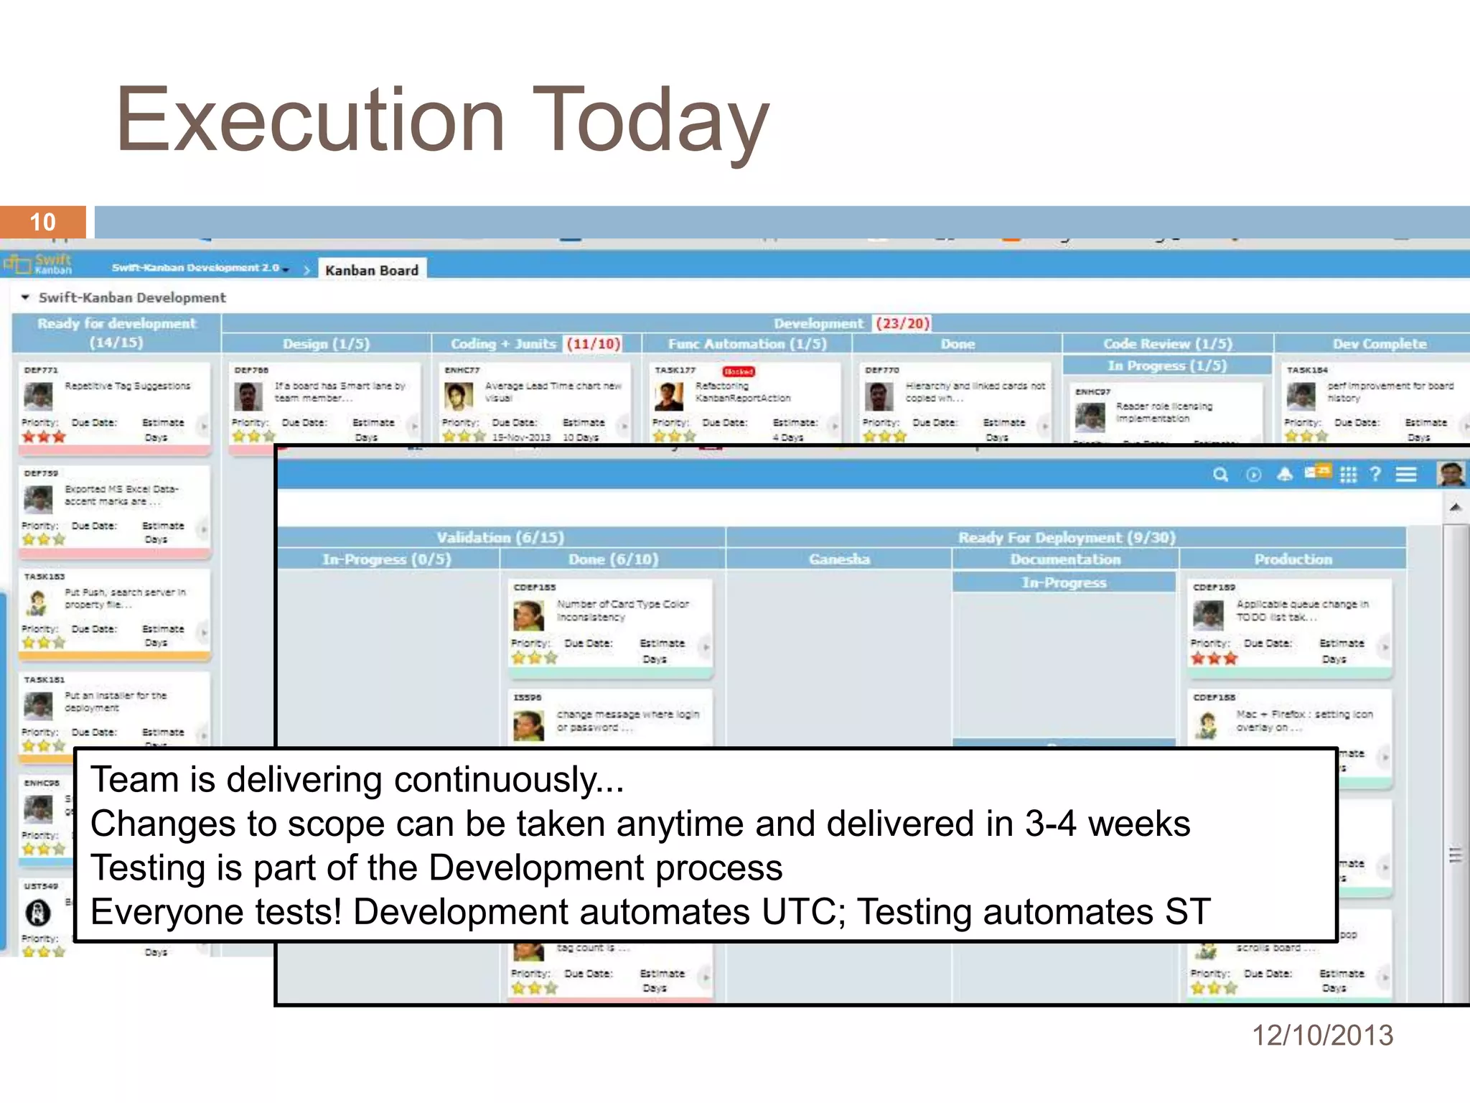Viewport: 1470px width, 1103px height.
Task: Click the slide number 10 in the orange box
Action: point(42,222)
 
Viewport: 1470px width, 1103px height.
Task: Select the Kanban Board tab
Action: point(371,270)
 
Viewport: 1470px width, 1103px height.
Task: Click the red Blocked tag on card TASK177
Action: point(738,371)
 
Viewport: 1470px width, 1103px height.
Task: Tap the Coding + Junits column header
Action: point(504,344)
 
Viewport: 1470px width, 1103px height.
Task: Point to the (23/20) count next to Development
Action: point(902,323)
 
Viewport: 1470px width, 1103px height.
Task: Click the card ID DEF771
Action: point(40,370)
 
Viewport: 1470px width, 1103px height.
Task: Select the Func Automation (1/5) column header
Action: point(747,344)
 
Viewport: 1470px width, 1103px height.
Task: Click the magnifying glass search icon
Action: point(1220,475)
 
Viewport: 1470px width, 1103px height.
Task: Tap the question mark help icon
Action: point(1375,474)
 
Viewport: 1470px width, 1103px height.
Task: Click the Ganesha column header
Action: point(839,559)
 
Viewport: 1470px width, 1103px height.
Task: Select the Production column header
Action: point(1293,559)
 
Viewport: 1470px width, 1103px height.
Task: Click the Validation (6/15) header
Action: point(500,537)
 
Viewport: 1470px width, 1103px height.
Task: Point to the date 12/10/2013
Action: point(1322,1035)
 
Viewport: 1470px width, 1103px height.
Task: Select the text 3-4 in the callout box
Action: point(1050,824)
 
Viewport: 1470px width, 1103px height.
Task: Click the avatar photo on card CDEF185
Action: point(528,615)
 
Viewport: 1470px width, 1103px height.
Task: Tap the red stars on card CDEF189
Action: point(1214,658)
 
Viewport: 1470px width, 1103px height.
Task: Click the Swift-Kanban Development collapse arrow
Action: point(25,297)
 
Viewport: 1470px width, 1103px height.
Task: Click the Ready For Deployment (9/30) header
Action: point(1067,537)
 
